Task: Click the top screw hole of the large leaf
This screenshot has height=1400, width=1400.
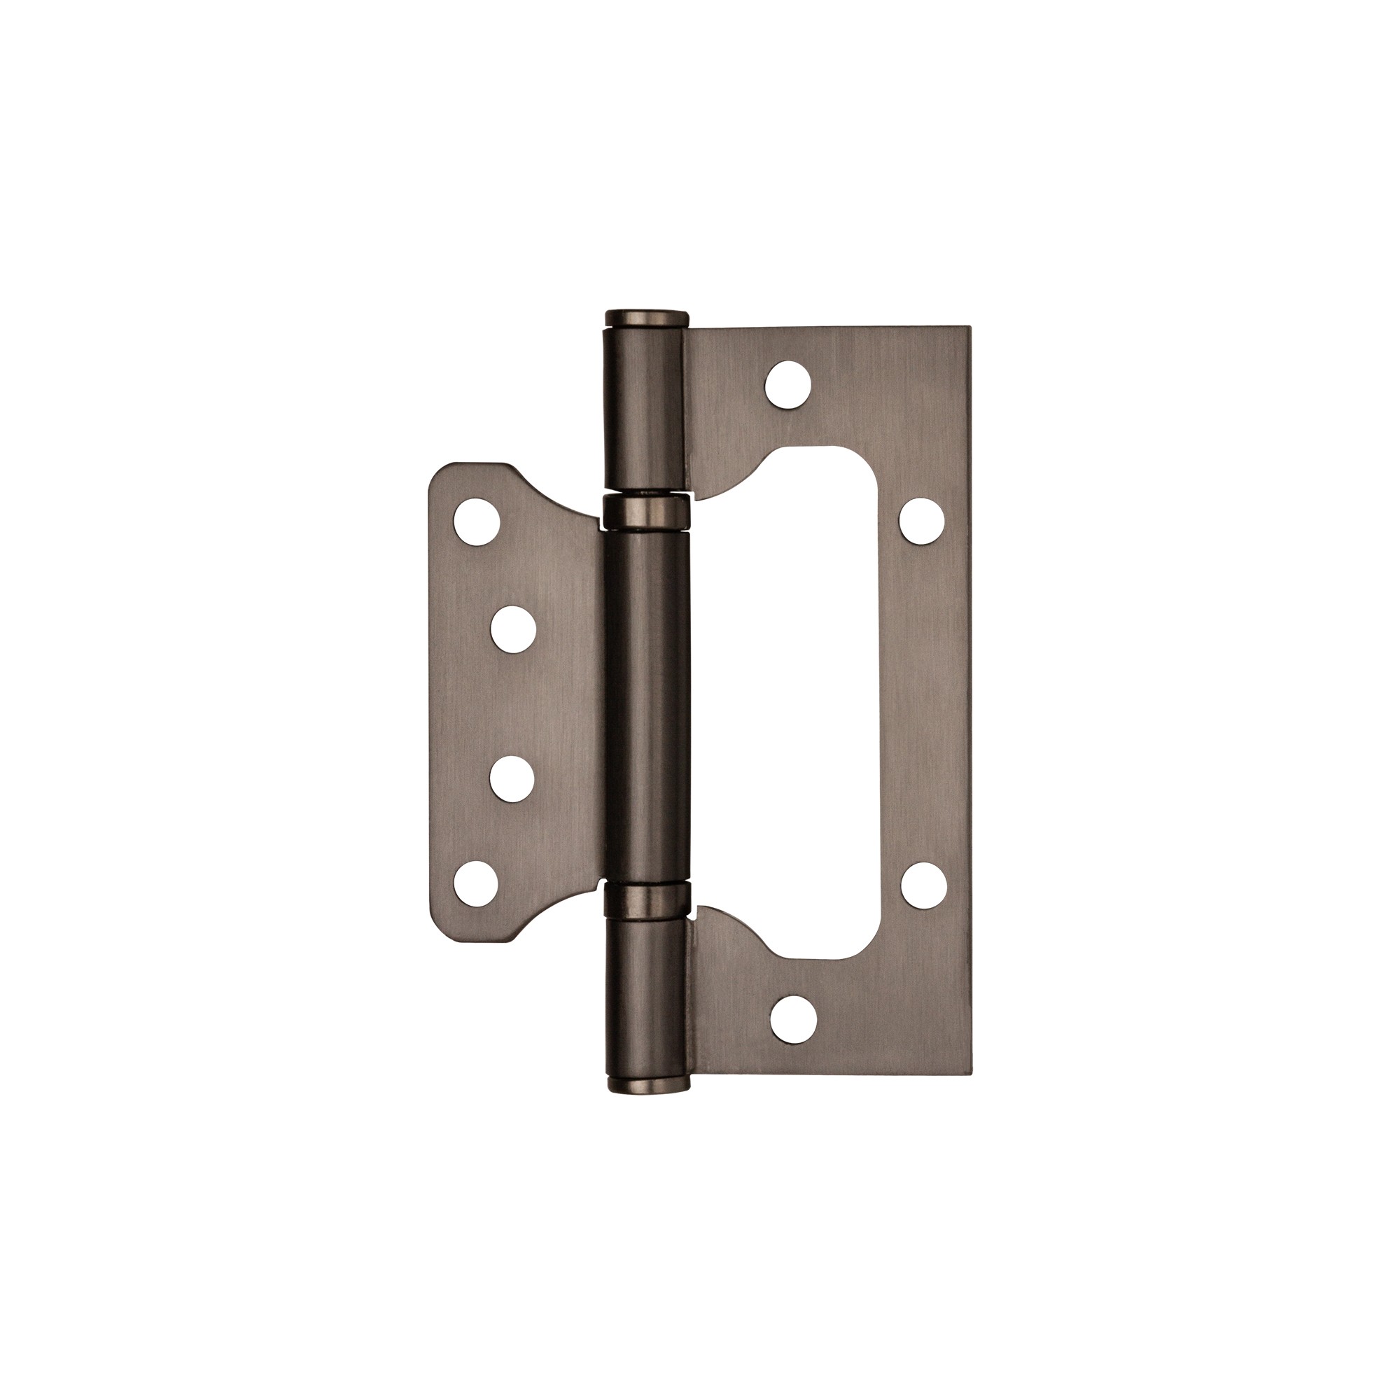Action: [788, 384]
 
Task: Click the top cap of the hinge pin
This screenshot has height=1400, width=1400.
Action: [644, 318]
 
